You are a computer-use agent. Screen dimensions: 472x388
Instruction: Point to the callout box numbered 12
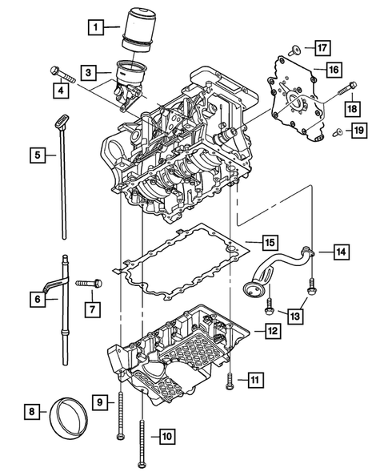[273, 329]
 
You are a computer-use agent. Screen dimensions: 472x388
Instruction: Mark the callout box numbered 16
[333, 70]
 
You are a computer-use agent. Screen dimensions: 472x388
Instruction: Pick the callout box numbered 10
[166, 437]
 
